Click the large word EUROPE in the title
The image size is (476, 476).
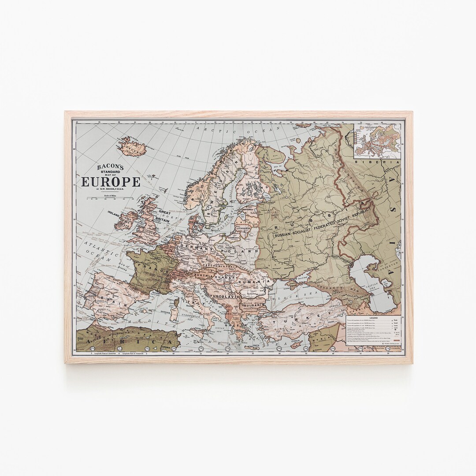click(x=110, y=182)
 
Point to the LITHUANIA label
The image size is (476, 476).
click(x=243, y=228)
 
